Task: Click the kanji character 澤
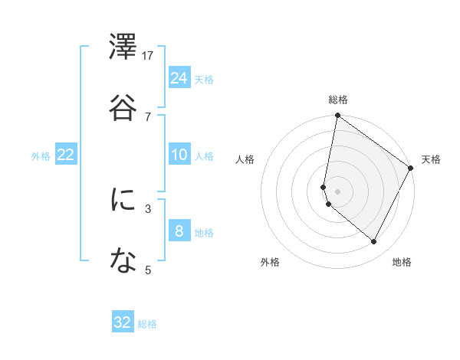point(123,47)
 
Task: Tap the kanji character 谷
point(123,107)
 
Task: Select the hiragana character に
point(123,201)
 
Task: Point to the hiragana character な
point(123,262)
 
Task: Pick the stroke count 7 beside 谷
point(148,116)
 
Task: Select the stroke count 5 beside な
point(148,270)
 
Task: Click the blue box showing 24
point(179,77)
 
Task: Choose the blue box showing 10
point(179,155)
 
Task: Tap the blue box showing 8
point(179,231)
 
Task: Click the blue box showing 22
point(66,155)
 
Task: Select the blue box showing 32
point(123,322)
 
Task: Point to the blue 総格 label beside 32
point(147,324)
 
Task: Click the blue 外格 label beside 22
point(41,156)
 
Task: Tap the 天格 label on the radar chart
point(431,159)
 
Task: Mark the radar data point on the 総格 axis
point(337,116)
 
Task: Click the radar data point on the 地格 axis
point(374,242)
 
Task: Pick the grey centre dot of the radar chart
point(337,191)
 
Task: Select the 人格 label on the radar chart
point(245,159)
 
